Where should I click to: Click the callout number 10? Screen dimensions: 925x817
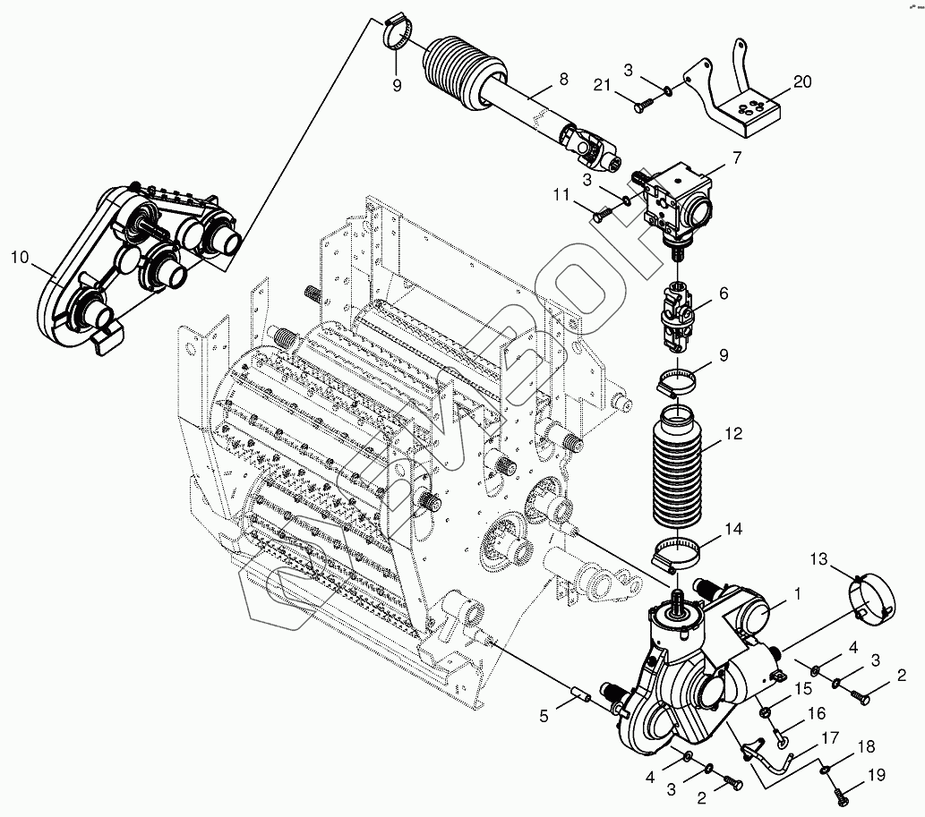(x=20, y=258)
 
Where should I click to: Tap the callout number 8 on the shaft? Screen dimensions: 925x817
(x=563, y=79)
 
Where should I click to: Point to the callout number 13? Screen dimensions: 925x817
(x=819, y=559)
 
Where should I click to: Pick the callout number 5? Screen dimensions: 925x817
(x=544, y=715)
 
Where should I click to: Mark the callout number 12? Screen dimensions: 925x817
(x=734, y=435)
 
